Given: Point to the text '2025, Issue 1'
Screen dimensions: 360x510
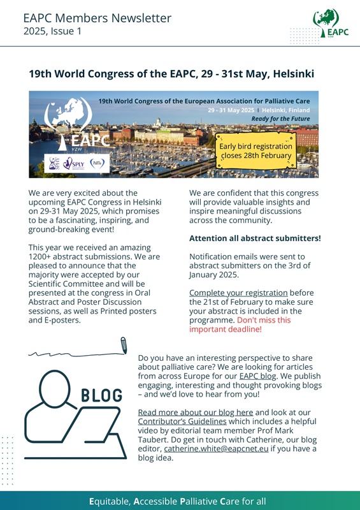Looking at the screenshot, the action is tap(52, 31).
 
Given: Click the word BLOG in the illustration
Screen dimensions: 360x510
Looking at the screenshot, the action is tap(101, 396).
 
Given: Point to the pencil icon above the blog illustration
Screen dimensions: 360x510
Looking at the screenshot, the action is tap(123, 345).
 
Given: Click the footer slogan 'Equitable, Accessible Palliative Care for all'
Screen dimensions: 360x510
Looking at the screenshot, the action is tap(180, 501).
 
